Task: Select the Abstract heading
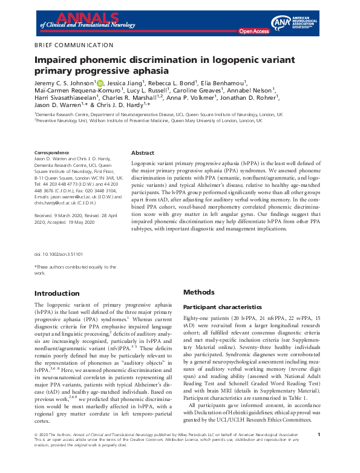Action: pyautogui.click(x=143, y=153)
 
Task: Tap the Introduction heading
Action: pyautogui.click(x=58, y=293)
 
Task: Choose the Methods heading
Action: pyautogui.click(x=198, y=292)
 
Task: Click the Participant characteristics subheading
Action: pyautogui.click(x=222, y=307)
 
